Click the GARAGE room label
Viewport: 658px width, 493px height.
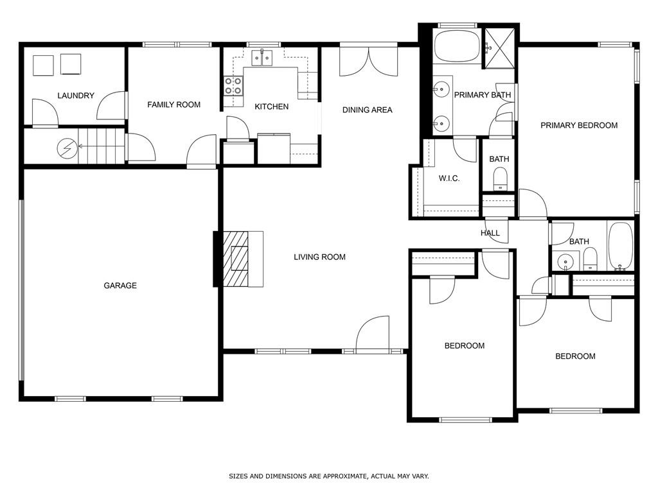(120, 286)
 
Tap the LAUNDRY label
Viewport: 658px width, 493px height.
(76, 96)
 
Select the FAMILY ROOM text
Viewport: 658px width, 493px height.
(173, 105)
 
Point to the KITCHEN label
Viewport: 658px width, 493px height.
(272, 107)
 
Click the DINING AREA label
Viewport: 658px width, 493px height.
(367, 110)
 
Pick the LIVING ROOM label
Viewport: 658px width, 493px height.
(319, 257)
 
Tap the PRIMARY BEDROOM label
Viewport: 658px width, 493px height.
(579, 125)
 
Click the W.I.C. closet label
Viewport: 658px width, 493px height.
(449, 178)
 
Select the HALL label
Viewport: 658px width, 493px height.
(490, 233)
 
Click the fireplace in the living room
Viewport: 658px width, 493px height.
(243, 259)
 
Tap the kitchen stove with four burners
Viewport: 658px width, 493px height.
(233, 85)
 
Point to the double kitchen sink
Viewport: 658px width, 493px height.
(262, 58)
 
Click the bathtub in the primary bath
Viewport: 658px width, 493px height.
(457, 46)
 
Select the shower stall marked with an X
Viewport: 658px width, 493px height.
(499, 48)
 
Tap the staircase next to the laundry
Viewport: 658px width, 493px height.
(101, 146)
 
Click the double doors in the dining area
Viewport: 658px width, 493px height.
(368, 62)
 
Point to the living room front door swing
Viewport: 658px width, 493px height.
(373, 333)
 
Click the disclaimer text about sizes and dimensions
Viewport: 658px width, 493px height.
(328, 476)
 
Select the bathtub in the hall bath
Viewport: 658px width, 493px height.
(620, 246)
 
